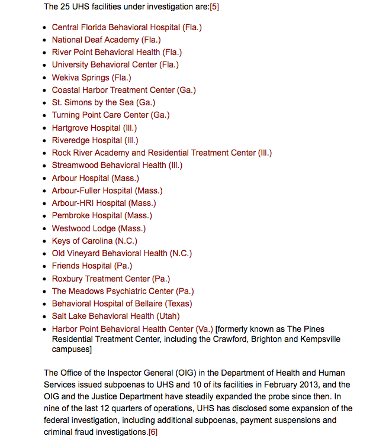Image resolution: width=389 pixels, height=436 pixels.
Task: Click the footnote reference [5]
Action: coord(214,7)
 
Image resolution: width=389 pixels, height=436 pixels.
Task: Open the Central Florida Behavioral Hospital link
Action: coord(127,27)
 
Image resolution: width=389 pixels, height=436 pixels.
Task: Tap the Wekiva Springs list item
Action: coord(91,77)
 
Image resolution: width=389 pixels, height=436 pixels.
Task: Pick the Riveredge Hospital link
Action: coord(95,140)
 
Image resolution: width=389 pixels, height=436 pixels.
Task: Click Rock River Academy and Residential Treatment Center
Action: coord(162,153)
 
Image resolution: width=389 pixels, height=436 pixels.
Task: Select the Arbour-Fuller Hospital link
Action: coord(107,190)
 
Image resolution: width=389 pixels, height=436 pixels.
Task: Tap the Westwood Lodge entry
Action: coord(98,228)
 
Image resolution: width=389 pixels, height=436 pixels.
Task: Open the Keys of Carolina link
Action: coord(94,241)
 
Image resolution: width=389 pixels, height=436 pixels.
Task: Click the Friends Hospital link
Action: coord(92,266)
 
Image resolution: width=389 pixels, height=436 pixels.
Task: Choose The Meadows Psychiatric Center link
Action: coord(123,291)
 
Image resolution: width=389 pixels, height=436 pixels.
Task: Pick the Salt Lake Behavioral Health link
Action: coord(115,316)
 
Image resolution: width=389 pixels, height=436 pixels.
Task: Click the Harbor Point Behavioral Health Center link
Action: coord(132,329)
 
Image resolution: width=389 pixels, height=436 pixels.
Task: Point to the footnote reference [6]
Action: coord(153,432)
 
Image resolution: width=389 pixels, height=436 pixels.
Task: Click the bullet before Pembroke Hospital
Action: coord(46,216)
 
